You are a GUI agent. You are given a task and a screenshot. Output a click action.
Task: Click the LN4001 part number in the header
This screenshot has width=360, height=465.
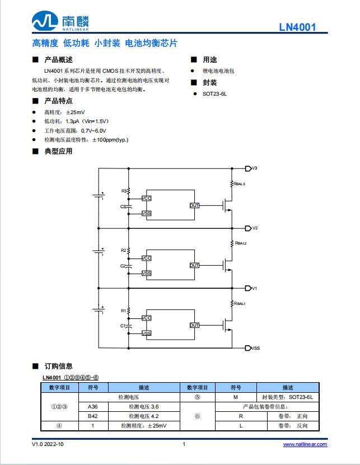(298, 27)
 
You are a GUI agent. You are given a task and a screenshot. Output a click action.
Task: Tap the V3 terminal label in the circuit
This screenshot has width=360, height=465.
(254, 168)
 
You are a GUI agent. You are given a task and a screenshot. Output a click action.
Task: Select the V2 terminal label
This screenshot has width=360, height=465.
(255, 228)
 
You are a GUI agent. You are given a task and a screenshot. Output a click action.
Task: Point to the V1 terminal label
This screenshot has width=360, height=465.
(254, 288)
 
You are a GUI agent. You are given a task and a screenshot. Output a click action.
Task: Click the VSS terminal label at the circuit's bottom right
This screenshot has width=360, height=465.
(255, 348)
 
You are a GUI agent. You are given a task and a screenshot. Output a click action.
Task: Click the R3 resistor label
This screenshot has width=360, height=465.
(124, 191)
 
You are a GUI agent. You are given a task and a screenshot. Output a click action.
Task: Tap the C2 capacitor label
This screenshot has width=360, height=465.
(123, 266)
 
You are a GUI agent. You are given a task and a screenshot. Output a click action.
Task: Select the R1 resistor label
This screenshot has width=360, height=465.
(124, 311)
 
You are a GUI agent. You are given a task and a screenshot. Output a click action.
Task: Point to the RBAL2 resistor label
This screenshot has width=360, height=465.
(240, 243)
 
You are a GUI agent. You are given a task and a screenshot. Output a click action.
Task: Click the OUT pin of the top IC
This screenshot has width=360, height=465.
(194, 205)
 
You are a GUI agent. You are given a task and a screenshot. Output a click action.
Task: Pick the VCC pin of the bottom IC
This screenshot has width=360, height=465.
(147, 318)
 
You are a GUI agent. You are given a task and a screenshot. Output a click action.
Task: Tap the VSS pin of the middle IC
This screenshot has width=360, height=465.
(147, 273)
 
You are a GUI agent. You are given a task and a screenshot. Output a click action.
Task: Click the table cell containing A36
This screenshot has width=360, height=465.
(93, 406)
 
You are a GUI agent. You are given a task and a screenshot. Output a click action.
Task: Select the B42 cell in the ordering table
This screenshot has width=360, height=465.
(93, 416)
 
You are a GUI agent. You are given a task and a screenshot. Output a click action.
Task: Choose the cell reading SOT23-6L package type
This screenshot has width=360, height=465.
(288, 397)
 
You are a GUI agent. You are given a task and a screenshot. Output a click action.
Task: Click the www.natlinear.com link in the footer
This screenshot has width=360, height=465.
(305, 444)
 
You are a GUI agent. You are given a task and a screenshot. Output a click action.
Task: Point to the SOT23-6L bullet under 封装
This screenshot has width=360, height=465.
(214, 95)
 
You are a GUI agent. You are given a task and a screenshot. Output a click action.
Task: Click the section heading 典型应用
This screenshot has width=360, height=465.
(58, 151)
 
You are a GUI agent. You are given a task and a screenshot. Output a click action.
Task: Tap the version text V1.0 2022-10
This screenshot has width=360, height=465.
(48, 444)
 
